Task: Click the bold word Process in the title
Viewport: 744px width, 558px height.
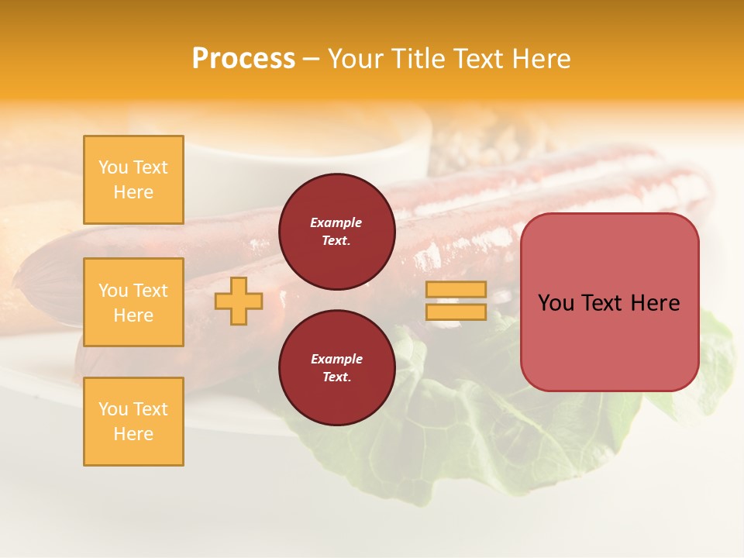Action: pyautogui.click(x=243, y=59)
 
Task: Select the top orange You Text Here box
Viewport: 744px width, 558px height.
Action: pyautogui.click(x=133, y=180)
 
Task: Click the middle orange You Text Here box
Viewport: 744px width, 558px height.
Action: pyautogui.click(x=133, y=302)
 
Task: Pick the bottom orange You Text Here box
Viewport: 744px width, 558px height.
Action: pyautogui.click(x=133, y=422)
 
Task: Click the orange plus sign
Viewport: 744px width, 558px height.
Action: pyautogui.click(x=239, y=301)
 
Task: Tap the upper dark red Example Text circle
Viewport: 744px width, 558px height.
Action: pyautogui.click(x=336, y=232)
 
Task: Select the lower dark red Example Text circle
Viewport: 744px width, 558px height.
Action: pyautogui.click(x=336, y=368)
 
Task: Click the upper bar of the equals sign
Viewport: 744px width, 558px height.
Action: pyautogui.click(x=456, y=290)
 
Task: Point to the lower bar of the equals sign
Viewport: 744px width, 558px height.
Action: pyautogui.click(x=456, y=312)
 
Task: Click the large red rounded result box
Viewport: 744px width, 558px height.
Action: pyautogui.click(x=609, y=341)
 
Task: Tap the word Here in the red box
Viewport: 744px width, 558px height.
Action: pyautogui.click(x=655, y=303)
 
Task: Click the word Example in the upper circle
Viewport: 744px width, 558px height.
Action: pyautogui.click(x=336, y=222)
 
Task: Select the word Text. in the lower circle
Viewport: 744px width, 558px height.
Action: pyautogui.click(x=336, y=377)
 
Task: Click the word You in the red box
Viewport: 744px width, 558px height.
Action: pyautogui.click(x=556, y=303)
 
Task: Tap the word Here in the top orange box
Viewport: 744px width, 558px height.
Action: pyautogui.click(x=133, y=192)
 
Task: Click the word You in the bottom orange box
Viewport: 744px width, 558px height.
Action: pyautogui.click(x=113, y=409)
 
